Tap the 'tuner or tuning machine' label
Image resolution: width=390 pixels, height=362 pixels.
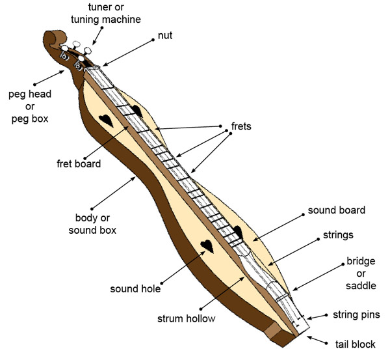[x=105, y=13]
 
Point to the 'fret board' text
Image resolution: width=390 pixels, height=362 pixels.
[x=79, y=163]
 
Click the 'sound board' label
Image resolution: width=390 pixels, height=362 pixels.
[x=336, y=210]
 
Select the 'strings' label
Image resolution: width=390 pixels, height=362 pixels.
[x=338, y=234]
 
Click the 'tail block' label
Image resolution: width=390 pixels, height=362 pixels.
[x=355, y=344]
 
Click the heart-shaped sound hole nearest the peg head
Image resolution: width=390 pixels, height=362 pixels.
[x=106, y=120]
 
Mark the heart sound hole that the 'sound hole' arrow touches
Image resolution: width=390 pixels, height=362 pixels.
[x=206, y=246]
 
